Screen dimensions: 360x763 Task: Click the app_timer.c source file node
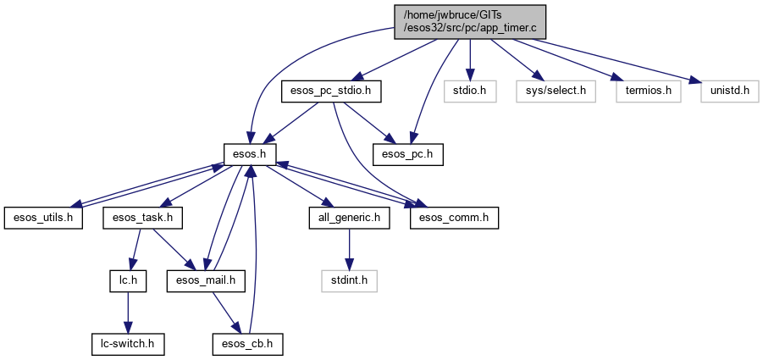pyautogui.click(x=470, y=21)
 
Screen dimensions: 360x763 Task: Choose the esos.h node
pyautogui.click(x=246, y=154)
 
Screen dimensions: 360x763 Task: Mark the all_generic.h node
pyautogui.click(x=348, y=218)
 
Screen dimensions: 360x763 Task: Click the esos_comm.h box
pyautogui.click(x=454, y=218)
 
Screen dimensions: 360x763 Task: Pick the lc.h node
pyautogui.click(x=127, y=281)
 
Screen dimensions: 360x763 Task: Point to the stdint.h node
pyautogui.click(x=348, y=281)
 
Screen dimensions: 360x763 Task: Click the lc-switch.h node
pyautogui.click(x=127, y=344)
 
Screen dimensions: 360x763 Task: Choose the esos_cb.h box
pyautogui.click(x=246, y=344)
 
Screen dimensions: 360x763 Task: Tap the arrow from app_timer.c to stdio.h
pyautogui.click(x=471, y=59)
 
